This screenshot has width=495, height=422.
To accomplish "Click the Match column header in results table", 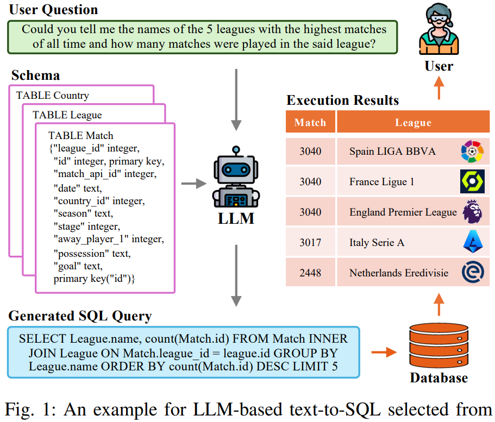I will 310,122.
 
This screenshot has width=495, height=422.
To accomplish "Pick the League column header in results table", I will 412,122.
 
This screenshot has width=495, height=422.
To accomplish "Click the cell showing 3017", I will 310,242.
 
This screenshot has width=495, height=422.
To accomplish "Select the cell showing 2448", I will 310,273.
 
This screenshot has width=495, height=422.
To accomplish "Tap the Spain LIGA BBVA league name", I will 392,151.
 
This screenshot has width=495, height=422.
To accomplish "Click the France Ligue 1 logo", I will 472,181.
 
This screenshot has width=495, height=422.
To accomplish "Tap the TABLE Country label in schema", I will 53,96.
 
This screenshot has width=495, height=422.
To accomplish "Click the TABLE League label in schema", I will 67,115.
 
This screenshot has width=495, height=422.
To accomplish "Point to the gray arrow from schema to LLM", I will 190,185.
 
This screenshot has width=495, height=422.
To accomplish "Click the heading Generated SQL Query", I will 80,316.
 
